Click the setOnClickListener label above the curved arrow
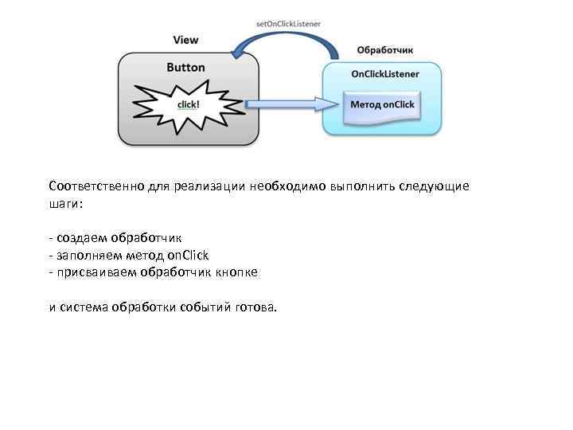click(x=288, y=24)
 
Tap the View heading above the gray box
click(x=186, y=40)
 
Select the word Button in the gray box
click(x=185, y=68)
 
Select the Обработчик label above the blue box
click(x=384, y=49)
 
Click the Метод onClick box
click(x=383, y=105)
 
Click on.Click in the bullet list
click(x=188, y=255)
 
